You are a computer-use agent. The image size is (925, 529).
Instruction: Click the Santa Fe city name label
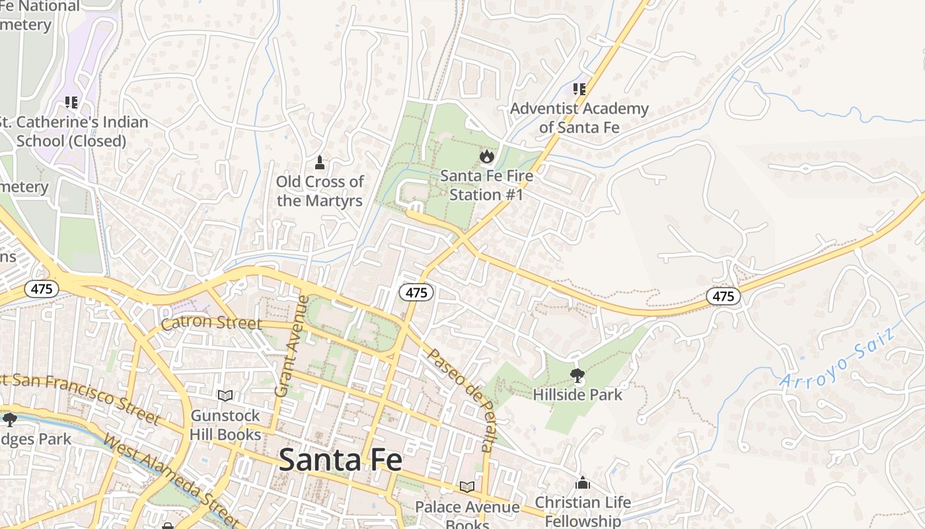coord(340,460)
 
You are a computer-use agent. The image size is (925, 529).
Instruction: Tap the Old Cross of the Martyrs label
coord(320,191)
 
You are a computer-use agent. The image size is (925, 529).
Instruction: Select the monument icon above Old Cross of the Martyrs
coord(320,163)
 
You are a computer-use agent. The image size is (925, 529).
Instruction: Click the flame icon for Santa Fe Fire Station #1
coord(487,156)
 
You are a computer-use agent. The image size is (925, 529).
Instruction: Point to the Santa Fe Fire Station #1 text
coord(486,186)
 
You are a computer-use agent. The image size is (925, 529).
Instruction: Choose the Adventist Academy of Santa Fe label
coord(579,118)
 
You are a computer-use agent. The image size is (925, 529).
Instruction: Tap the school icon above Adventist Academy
coord(579,89)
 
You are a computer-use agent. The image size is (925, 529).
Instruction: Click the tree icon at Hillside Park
coord(577,376)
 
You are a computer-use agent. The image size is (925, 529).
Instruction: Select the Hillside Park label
coord(577,395)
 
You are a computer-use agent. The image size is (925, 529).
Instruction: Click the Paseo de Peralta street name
coord(460,399)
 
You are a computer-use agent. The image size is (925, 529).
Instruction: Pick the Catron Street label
coord(211,323)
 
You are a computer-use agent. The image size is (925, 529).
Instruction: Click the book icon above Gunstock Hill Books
coord(225,395)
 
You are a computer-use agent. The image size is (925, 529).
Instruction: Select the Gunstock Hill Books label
coord(225,425)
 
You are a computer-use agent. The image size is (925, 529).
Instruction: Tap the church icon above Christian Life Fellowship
coord(582,483)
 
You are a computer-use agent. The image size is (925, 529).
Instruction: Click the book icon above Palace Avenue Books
coord(467,487)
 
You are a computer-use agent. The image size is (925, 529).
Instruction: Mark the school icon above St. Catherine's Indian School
coord(71,102)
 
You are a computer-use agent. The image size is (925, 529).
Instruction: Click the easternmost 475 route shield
coord(723,296)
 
